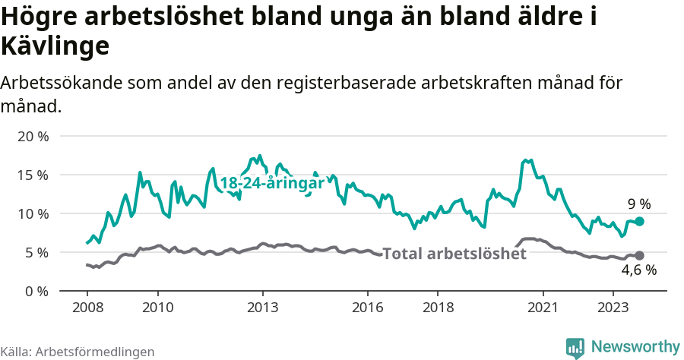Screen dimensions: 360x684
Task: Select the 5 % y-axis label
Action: coord(36,252)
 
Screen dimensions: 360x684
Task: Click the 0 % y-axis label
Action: coord(36,291)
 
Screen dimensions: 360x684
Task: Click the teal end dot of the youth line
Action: coord(639,221)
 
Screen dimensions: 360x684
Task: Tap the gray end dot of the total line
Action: coord(639,255)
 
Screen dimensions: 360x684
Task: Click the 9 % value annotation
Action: coord(638,204)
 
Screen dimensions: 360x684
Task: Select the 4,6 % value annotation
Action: coord(638,270)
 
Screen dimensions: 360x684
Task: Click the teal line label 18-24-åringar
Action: coord(272,183)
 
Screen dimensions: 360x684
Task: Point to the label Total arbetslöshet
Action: coord(454,254)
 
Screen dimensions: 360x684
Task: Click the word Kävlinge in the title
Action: coord(55,46)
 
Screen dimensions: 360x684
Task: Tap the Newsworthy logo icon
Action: coord(575,347)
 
